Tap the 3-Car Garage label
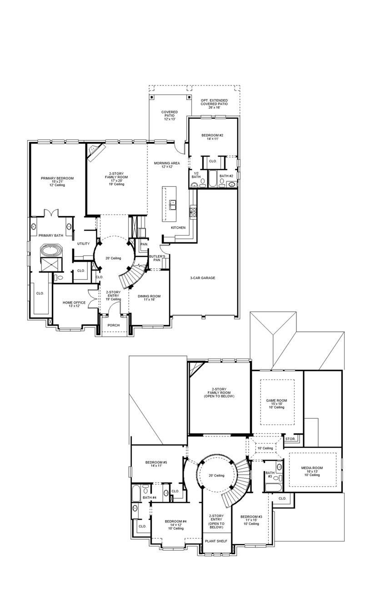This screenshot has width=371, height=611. tap(202, 278)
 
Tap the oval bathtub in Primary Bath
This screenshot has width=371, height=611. tap(48, 250)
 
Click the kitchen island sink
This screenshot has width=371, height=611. tap(173, 204)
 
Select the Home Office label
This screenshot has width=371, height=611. tap(74, 304)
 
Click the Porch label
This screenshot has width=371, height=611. tap(113, 325)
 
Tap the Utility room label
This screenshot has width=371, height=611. tap(83, 244)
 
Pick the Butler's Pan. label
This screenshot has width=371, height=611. tap(157, 258)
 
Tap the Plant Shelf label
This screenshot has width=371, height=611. tap(216, 541)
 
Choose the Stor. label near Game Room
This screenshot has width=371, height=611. tap(290, 439)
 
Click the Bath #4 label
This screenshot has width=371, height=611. tap(150, 498)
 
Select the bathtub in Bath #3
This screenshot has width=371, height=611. tap(273, 488)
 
